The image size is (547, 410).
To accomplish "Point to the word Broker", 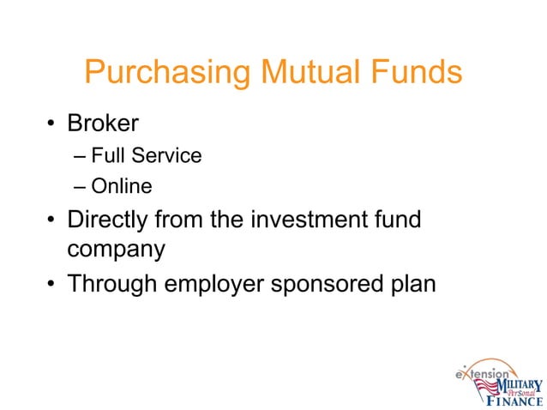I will click(103, 124).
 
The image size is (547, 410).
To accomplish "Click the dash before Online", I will click(80, 185).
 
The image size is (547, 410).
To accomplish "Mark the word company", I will click(117, 250).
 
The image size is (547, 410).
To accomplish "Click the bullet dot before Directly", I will click(52, 221).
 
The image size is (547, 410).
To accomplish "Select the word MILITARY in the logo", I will click(516, 384).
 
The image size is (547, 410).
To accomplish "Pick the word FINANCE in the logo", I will click(514, 400).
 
